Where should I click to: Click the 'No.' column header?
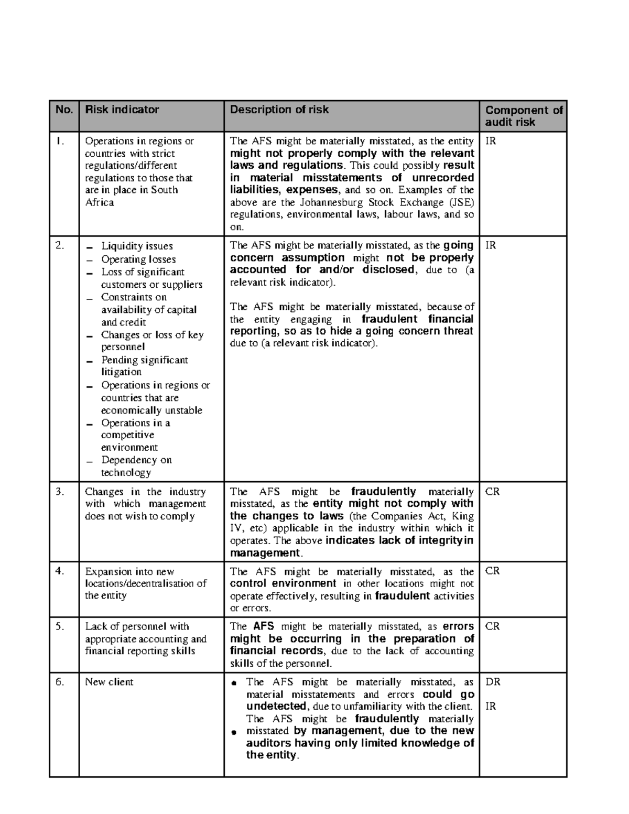click(63, 110)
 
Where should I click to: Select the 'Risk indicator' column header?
click(122, 110)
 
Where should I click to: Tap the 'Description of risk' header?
click(279, 110)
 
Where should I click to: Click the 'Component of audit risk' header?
click(523, 116)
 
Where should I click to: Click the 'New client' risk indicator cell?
click(109, 682)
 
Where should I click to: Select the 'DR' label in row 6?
click(493, 682)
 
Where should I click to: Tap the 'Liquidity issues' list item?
click(136, 246)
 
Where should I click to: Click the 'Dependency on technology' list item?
click(136, 466)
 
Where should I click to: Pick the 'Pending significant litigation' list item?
click(144, 366)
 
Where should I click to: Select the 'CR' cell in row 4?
click(492, 571)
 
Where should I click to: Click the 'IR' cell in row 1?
click(490, 141)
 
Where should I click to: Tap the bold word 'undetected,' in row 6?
click(276, 707)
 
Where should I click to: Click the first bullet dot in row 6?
click(234, 683)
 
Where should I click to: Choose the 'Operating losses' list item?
click(138, 259)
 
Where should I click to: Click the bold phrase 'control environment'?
click(283, 583)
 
